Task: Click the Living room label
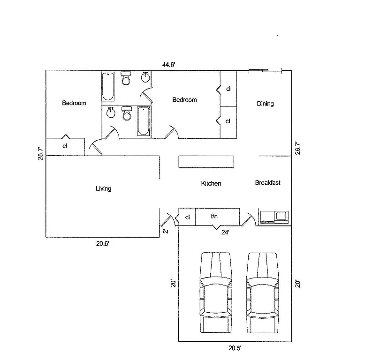pos(103,188)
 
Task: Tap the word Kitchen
pos(211,183)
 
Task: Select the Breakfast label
pos(267,182)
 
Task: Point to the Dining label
pos(265,104)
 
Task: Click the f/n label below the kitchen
pos(215,217)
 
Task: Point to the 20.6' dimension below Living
pos(103,244)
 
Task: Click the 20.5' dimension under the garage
pos(235,348)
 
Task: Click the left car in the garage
pos(216,292)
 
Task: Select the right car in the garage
pos(263,292)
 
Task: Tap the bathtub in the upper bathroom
pos(108,87)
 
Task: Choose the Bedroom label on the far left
pos(74,103)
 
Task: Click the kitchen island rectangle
pos(206,161)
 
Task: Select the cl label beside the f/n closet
pos(187,217)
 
